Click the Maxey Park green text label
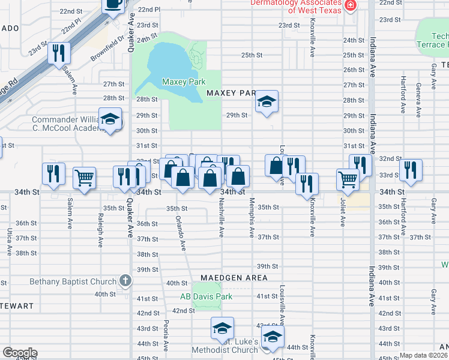click(x=184, y=82)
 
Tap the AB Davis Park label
click(x=206, y=296)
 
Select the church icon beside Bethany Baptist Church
click(x=125, y=280)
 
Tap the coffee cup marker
click(x=114, y=5)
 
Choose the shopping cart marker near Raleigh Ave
click(x=84, y=177)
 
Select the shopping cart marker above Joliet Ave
click(x=348, y=178)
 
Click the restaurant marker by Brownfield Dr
click(x=59, y=53)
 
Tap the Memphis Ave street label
click(x=252, y=217)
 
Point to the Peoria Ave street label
click(x=166, y=335)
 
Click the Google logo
click(x=20, y=353)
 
